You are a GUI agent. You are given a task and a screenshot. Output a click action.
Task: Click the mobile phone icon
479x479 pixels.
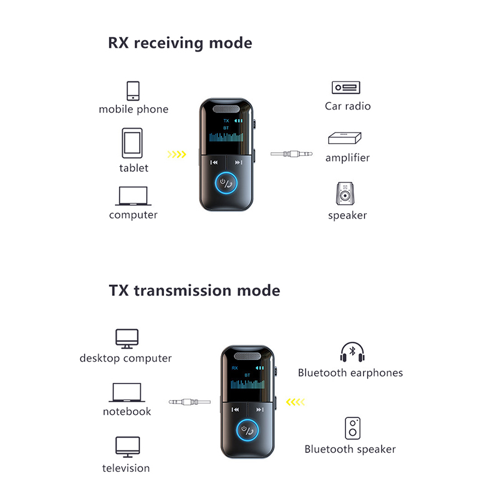pos(133,90)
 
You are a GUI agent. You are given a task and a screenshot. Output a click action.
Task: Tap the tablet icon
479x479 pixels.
pos(133,144)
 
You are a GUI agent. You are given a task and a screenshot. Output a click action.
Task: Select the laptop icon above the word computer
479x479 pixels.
pos(133,196)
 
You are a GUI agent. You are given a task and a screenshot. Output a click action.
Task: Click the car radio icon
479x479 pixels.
pos(347,87)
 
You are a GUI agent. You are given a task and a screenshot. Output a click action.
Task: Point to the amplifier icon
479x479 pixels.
pos(345,138)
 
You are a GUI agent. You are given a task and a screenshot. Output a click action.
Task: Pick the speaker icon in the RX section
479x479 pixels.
pos(346,193)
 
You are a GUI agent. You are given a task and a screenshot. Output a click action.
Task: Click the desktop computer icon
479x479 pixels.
pos(126,339)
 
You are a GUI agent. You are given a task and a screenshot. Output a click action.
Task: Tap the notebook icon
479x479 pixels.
pos(127,393)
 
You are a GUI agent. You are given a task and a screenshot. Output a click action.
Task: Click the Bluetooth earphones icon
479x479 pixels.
pos(351,352)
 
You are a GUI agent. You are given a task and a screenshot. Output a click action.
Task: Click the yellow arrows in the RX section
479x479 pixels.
pos(176,154)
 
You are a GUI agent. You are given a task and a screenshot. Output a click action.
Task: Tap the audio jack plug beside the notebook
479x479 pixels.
pos(189,402)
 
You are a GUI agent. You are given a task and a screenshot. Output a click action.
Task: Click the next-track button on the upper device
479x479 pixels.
pos(238,162)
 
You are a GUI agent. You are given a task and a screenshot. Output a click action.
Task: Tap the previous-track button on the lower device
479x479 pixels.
pos(235,410)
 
